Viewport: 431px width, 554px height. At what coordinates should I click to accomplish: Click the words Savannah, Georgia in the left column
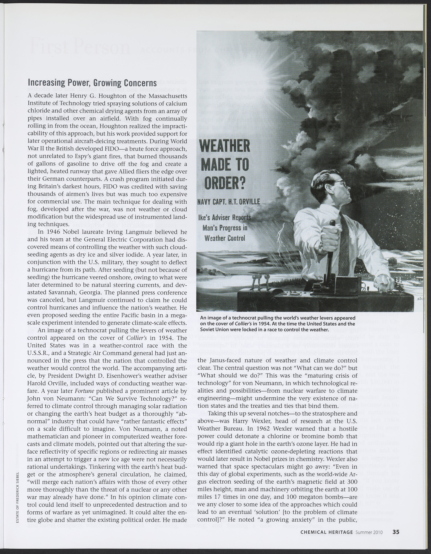point(72,292)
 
